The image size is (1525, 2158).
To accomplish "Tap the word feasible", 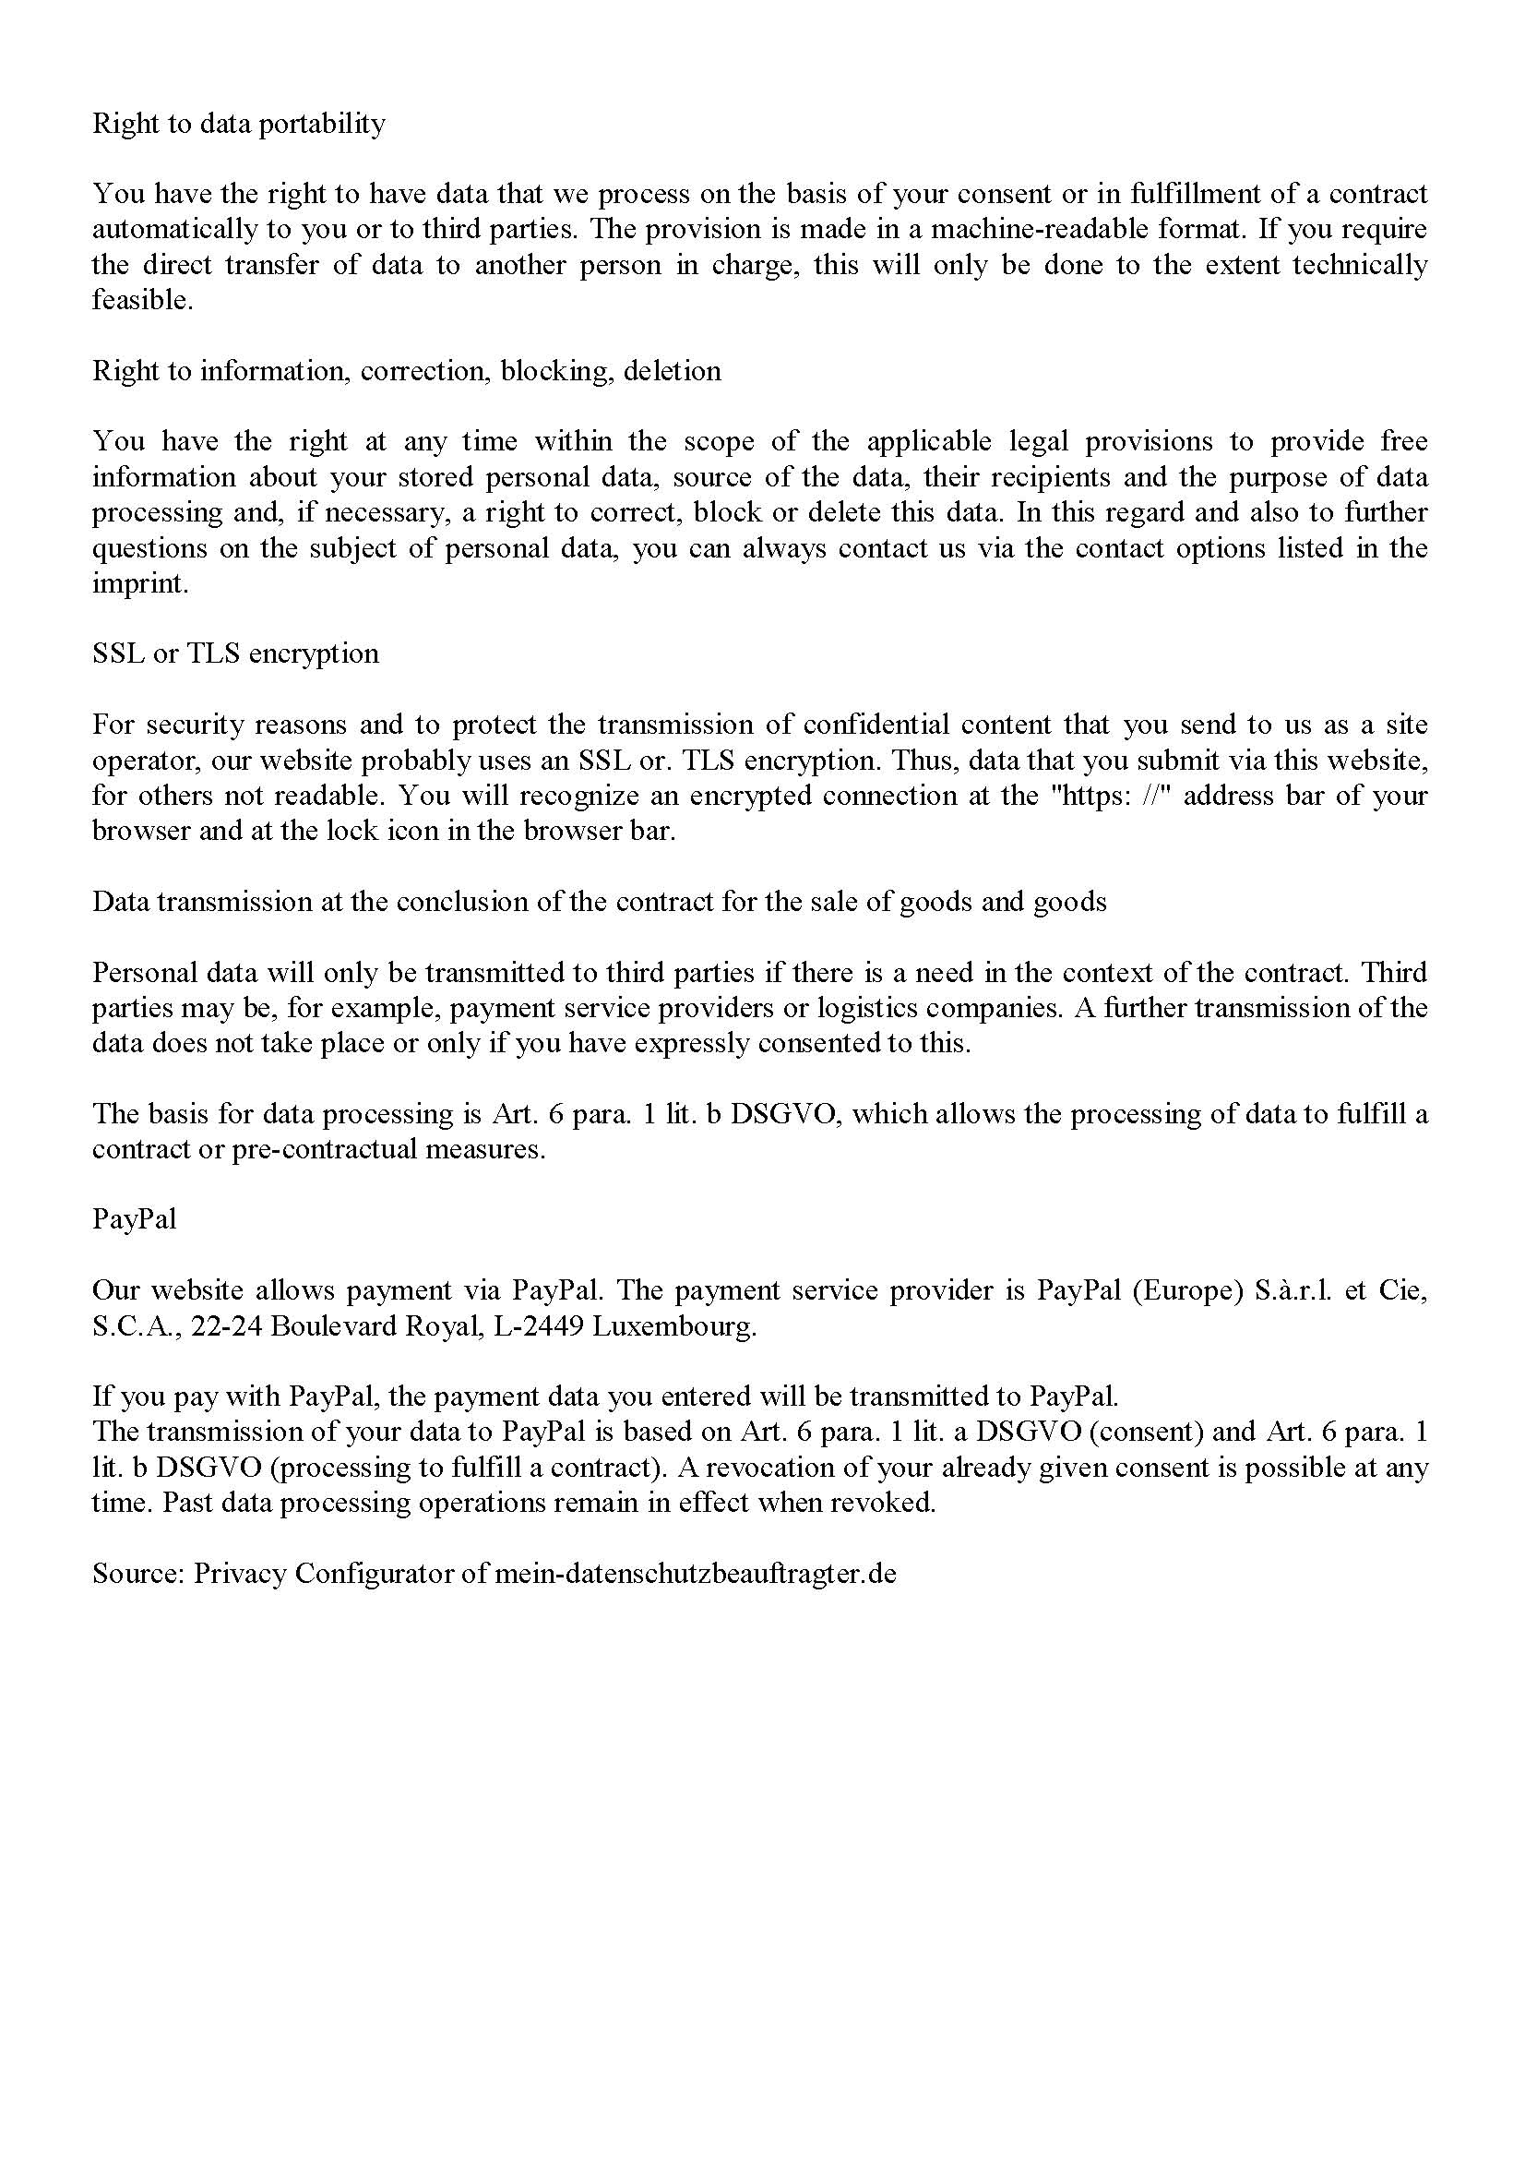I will click(141, 301).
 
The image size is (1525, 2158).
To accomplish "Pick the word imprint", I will click(139, 584).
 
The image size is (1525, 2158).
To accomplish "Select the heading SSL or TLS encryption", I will click(236, 654).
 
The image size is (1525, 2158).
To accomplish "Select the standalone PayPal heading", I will click(135, 1220).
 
